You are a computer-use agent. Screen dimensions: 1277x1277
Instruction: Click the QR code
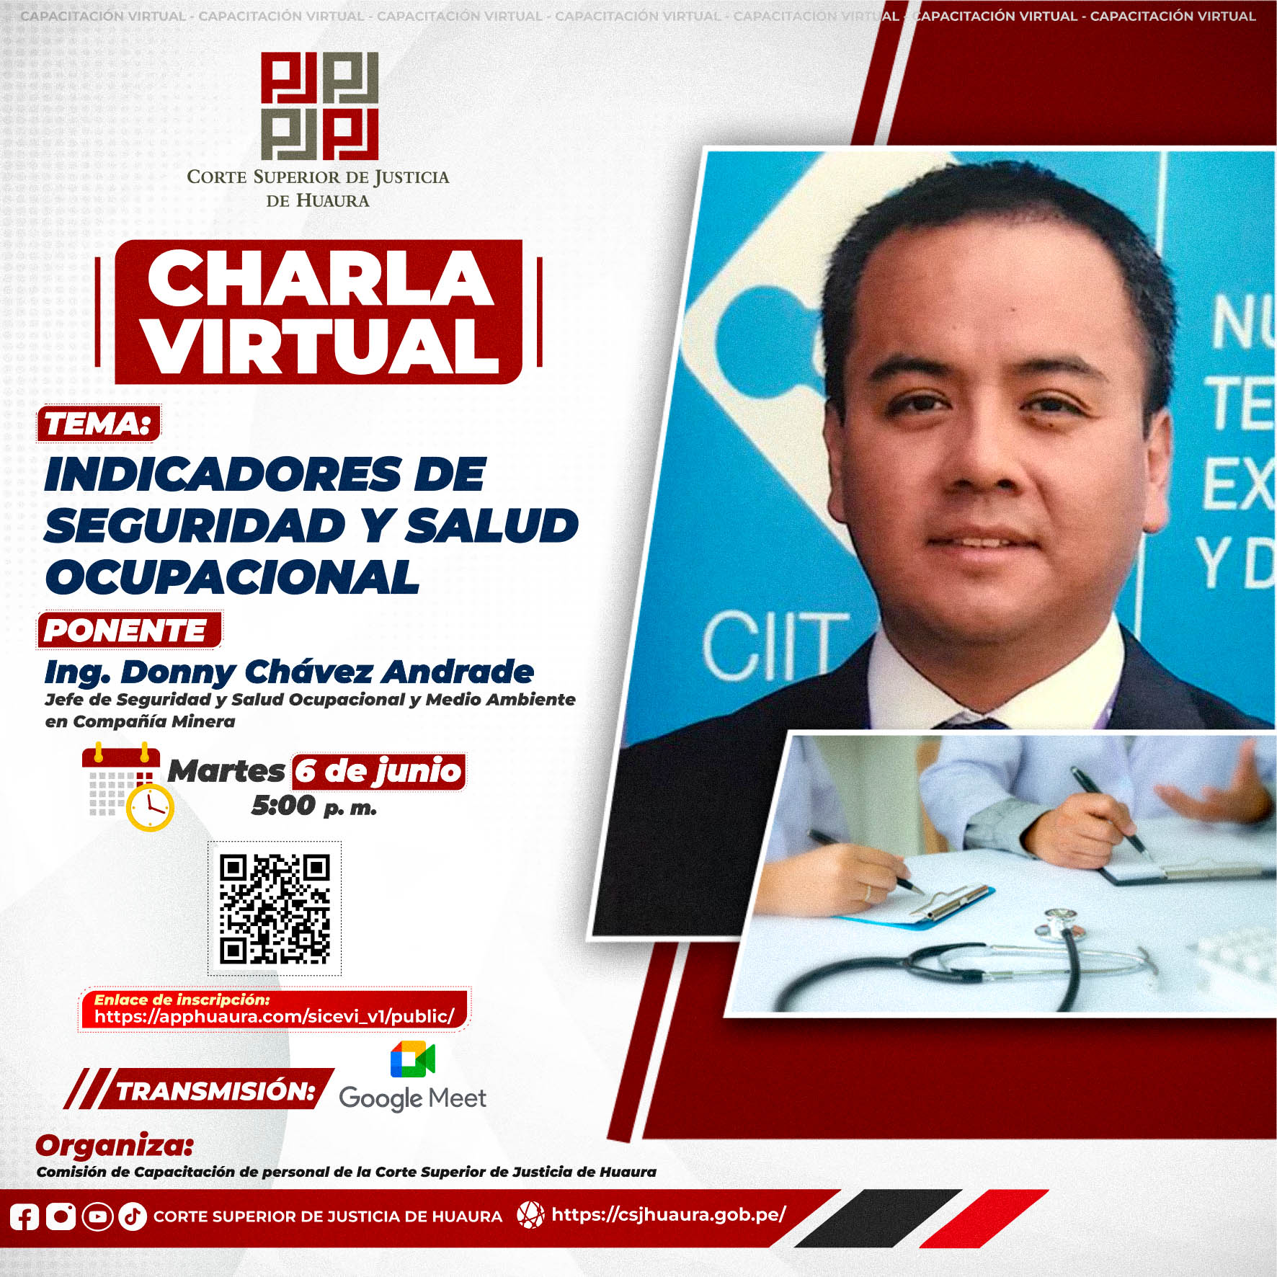tap(275, 908)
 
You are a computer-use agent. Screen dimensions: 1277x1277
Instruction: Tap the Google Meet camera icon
tap(413, 1059)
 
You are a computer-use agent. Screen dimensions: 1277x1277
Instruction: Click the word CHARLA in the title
tap(320, 279)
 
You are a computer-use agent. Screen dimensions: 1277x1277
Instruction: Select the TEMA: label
tap(99, 423)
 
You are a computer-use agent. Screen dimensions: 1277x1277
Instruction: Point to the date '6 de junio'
tap(378, 771)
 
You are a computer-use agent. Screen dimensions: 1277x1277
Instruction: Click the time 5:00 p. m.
tap(314, 806)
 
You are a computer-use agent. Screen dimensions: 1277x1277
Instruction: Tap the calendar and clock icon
tap(128, 788)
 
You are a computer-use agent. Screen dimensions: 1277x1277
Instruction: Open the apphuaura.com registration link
tap(275, 1017)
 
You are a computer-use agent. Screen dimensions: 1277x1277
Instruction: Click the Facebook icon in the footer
tap(24, 1216)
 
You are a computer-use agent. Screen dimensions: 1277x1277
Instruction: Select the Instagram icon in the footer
tap(61, 1216)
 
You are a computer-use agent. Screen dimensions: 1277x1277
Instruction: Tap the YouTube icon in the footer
tap(97, 1216)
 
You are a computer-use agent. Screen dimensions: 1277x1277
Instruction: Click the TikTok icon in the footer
tap(133, 1216)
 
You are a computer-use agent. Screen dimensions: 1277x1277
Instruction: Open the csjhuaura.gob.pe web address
tap(668, 1214)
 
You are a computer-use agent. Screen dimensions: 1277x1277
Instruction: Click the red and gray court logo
tap(319, 106)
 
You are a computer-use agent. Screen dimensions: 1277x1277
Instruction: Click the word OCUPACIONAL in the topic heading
tap(232, 577)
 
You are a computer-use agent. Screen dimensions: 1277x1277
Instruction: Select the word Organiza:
tap(115, 1146)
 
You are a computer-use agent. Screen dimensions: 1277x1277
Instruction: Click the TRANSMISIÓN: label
tap(215, 1091)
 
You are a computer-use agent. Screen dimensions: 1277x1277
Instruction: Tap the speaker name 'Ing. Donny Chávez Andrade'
tap(289, 672)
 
